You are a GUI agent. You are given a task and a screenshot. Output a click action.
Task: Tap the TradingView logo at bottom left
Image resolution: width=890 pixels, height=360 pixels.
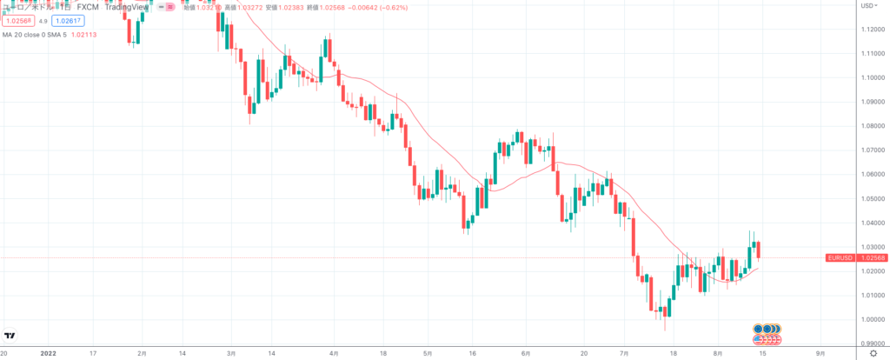point(10,337)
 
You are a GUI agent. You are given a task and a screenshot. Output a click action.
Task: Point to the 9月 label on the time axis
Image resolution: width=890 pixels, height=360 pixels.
point(820,354)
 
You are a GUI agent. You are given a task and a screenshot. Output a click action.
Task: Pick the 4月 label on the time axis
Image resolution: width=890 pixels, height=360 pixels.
point(333,354)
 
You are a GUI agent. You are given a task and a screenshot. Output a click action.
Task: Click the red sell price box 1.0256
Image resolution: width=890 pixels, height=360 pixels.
point(17,21)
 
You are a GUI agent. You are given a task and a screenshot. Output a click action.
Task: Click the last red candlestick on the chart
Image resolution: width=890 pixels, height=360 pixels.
point(760,250)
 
